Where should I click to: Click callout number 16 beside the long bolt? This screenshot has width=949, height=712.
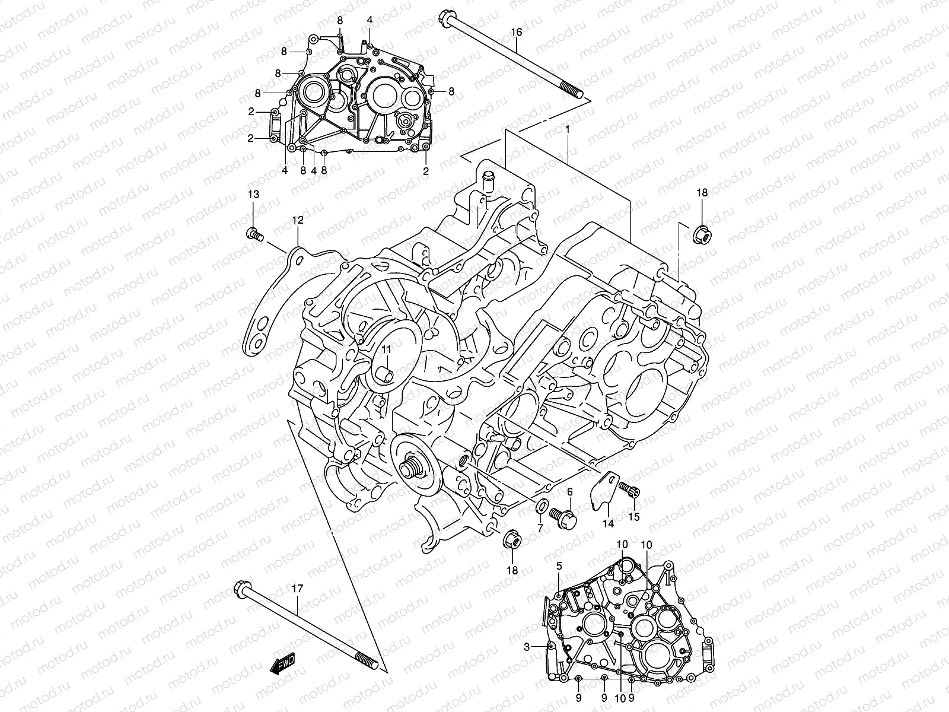click(x=517, y=31)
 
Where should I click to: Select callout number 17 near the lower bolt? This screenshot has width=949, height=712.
click(x=297, y=589)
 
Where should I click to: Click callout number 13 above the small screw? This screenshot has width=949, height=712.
click(x=253, y=195)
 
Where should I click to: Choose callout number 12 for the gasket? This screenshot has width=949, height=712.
click(x=297, y=220)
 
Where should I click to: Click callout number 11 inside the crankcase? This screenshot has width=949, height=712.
click(x=386, y=349)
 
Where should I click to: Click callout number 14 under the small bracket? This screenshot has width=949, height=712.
click(x=608, y=523)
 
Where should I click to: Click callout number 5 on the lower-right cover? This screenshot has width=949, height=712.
click(x=559, y=567)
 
